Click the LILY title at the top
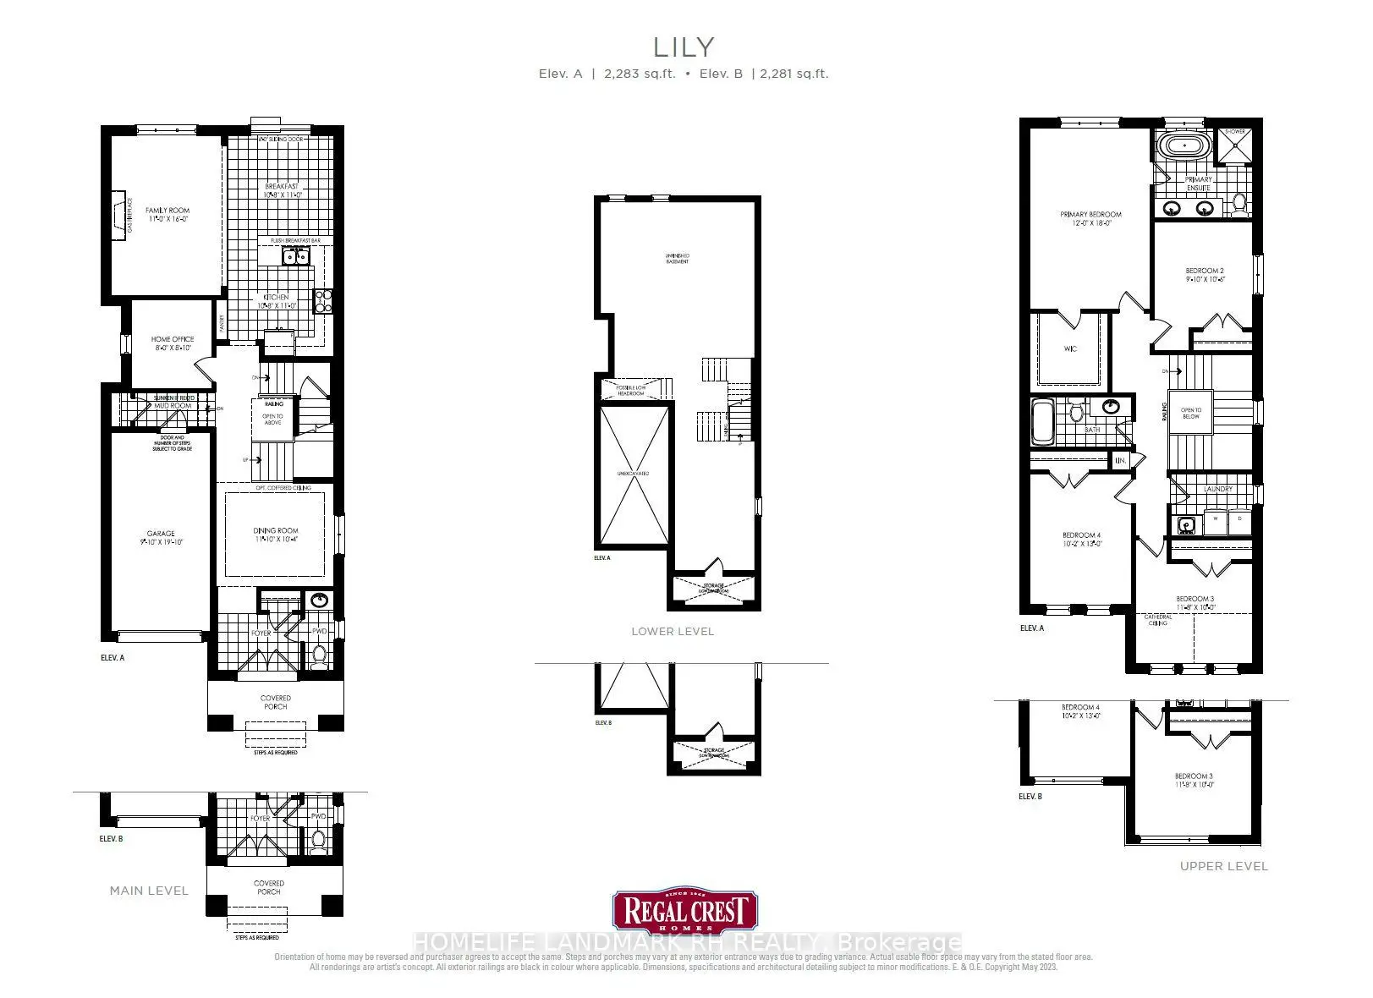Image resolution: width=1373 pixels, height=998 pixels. tap(684, 47)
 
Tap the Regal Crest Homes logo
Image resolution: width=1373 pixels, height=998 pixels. tap(685, 912)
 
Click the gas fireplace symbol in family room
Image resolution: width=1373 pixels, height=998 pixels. tap(118, 215)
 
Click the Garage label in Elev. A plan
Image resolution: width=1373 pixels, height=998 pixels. tap(161, 538)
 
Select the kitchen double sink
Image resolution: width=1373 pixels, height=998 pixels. tap(294, 257)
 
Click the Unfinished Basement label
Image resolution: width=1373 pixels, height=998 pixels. tap(677, 258)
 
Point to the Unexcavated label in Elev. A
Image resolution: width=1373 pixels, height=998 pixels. tap(633, 474)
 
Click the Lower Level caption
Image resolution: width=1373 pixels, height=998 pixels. tap(673, 632)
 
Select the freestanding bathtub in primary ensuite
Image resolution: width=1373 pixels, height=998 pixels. tap(1183, 145)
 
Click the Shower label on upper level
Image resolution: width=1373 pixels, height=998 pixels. tap(1235, 132)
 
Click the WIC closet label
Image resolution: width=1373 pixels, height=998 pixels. tap(1070, 348)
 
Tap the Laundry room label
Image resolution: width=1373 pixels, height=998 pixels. tap(1218, 489)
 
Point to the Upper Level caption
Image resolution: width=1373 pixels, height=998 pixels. tap(1223, 866)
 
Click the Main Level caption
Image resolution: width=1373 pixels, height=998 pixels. tap(149, 891)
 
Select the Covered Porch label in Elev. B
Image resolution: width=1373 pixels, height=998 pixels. tap(269, 887)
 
